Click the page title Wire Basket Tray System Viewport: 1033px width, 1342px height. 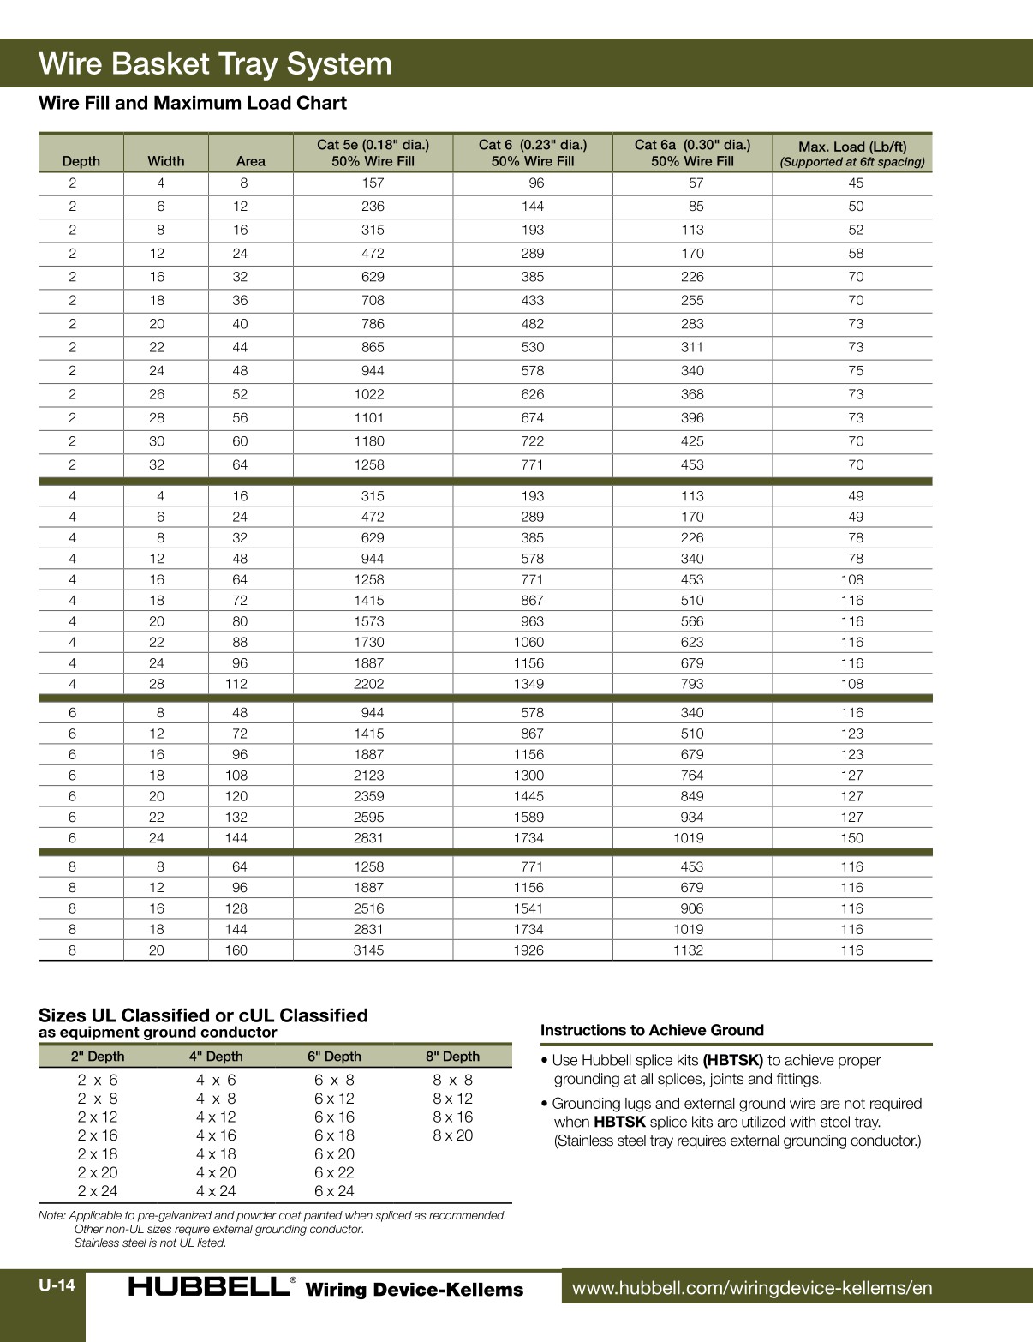click(x=215, y=64)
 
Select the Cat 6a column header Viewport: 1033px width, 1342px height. click(x=692, y=153)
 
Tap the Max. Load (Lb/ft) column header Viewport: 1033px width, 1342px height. click(x=852, y=153)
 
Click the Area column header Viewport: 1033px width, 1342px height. click(x=250, y=161)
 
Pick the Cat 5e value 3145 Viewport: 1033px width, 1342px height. click(x=368, y=950)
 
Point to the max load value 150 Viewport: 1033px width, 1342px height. click(x=851, y=838)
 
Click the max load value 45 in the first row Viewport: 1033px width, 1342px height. click(x=856, y=183)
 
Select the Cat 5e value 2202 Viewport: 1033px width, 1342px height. click(x=368, y=684)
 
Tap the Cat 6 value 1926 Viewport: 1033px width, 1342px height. click(x=528, y=950)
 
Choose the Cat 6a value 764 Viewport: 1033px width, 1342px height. click(x=692, y=776)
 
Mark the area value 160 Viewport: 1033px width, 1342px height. click(x=236, y=950)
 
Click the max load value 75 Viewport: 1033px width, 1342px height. click(x=856, y=371)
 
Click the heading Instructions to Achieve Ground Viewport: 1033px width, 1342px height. click(x=652, y=1030)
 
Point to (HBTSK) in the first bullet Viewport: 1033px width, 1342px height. click(x=732, y=1060)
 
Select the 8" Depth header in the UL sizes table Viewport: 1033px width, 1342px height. click(x=452, y=1057)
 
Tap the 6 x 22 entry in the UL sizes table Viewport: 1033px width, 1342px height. click(x=334, y=1172)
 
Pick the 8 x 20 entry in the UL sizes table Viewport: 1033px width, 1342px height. click(x=452, y=1135)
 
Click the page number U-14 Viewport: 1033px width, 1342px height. click(x=57, y=1285)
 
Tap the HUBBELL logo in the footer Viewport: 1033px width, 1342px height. click(x=208, y=1287)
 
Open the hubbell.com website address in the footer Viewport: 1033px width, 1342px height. click(x=751, y=1288)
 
